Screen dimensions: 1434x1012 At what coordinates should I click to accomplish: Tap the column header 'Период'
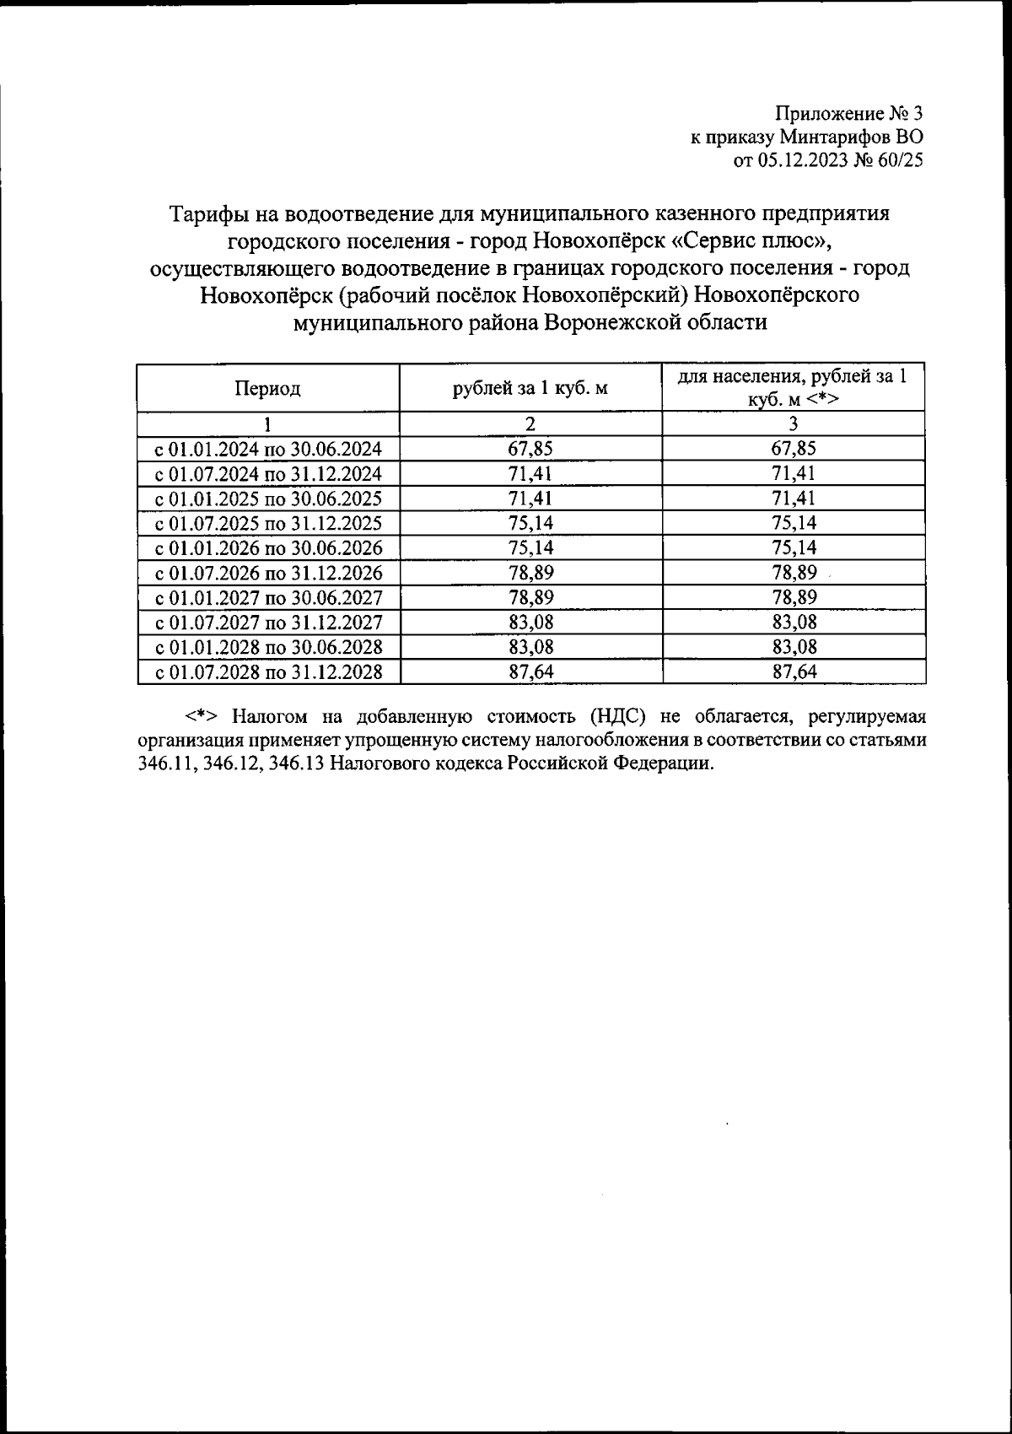(267, 389)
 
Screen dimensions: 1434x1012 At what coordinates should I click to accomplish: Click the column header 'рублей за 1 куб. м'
(530, 389)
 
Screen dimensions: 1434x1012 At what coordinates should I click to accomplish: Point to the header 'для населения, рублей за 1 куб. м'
(793, 388)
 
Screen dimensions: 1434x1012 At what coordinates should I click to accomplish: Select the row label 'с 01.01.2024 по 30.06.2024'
(268, 449)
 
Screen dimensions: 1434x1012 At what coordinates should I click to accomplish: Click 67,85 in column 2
(530, 449)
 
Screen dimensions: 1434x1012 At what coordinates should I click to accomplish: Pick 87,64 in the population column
(794, 672)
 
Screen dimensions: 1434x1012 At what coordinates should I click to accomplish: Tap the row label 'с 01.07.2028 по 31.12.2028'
(268, 672)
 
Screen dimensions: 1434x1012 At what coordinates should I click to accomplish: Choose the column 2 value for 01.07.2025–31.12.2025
(530, 523)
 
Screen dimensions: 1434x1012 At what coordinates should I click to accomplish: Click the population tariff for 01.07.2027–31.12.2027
(794, 623)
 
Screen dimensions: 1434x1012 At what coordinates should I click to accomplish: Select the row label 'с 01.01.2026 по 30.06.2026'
(268, 548)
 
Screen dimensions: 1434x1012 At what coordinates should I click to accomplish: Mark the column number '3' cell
(794, 423)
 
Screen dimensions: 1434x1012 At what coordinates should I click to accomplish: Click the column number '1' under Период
(268, 423)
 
